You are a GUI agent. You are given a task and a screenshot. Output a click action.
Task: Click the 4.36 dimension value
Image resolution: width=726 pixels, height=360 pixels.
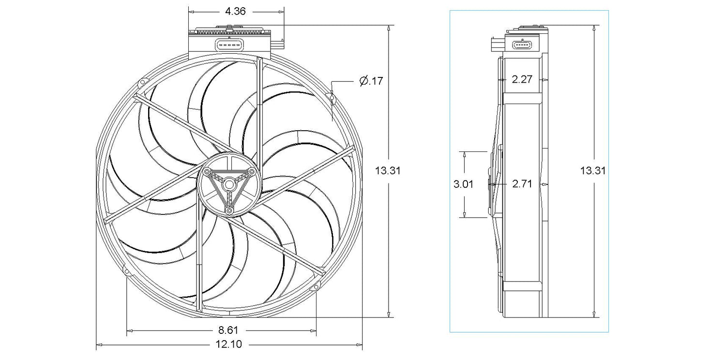click(235, 11)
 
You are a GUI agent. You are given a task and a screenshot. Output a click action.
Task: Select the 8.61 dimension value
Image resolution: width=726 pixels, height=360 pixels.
click(228, 330)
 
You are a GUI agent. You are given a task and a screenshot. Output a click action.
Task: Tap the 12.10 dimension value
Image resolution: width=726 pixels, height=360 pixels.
click(229, 344)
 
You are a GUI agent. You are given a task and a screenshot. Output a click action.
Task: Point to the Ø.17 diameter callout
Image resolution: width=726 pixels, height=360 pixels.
click(371, 80)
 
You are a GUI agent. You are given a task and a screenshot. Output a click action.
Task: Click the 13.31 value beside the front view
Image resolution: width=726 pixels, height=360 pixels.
click(388, 170)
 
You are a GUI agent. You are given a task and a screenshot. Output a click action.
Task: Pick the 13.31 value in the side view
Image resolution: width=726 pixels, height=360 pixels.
click(593, 170)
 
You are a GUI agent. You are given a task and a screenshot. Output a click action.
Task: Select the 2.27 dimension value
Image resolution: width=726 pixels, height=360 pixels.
click(522, 79)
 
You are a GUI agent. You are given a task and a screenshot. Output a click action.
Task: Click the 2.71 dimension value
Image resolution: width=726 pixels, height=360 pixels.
click(522, 184)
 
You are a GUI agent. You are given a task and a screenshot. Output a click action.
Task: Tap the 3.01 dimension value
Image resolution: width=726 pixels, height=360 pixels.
click(464, 184)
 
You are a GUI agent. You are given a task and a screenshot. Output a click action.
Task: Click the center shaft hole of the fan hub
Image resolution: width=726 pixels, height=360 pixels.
click(229, 185)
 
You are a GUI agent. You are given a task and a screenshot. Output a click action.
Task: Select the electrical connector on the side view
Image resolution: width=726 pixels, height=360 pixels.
click(522, 45)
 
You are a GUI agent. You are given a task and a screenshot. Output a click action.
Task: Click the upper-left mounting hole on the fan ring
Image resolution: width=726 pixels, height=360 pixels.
click(141, 83)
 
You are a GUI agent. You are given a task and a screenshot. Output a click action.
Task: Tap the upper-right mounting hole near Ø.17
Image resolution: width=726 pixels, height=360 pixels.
click(331, 97)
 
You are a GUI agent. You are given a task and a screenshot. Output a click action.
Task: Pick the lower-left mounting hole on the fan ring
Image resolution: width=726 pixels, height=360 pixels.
click(127, 271)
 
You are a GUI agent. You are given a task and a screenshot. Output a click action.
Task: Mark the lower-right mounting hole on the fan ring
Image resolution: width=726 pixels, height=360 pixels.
click(316, 287)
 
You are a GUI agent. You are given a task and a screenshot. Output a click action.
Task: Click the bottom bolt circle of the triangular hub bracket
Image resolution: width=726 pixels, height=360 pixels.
click(229, 211)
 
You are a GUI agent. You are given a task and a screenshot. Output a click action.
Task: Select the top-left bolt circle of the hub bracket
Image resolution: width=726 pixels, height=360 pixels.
click(207, 171)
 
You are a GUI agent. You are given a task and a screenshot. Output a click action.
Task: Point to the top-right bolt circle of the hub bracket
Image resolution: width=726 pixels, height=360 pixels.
click(252, 171)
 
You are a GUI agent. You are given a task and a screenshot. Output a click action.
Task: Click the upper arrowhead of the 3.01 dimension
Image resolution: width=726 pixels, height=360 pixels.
click(465, 154)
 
